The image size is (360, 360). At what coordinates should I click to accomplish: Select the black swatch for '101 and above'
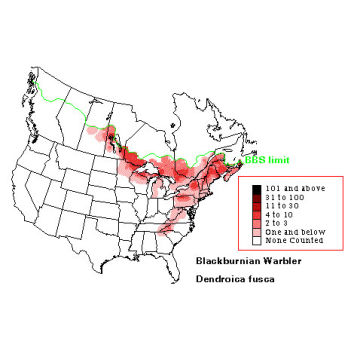click(x=257, y=188)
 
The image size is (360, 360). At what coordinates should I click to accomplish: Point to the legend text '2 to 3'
click(x=279, y=223)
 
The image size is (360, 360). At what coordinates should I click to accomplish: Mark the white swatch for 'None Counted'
click(x=257, y=240)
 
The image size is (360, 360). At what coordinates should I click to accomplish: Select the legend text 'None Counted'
click(x=291, y=240)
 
